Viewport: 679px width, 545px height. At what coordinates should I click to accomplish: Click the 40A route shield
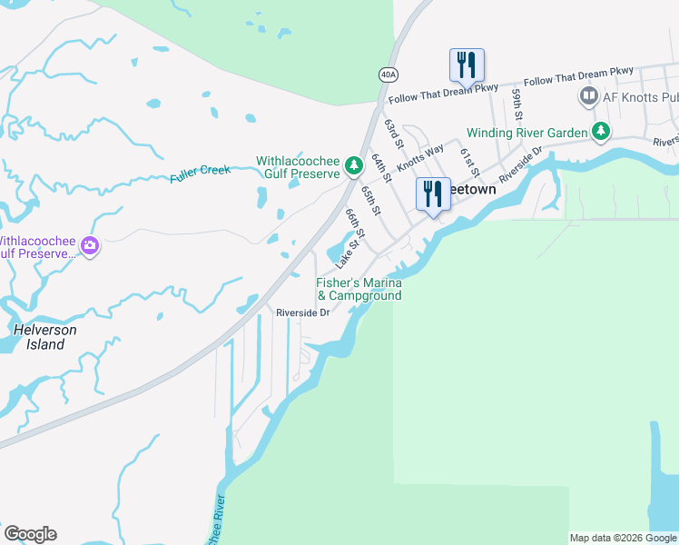click(388, 74)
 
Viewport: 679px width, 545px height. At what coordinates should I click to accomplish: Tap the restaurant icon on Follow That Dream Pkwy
click(467, 65)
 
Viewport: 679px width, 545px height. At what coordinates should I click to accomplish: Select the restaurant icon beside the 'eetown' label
click(433, 193)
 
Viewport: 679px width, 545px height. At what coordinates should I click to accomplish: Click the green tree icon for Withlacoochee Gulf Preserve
click(353, 167)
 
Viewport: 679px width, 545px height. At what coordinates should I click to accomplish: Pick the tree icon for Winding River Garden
click(600, 133)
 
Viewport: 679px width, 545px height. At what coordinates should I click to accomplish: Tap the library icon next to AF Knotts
click(588, 95)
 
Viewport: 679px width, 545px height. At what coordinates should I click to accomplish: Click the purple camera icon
click(90, 245)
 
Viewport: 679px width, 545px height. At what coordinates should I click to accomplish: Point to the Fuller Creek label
click(201, 173)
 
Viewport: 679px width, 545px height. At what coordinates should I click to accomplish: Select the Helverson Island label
click(44, 337)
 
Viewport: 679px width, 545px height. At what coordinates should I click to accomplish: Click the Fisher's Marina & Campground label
click(359, 289)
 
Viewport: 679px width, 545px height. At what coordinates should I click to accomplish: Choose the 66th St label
click(354, 224)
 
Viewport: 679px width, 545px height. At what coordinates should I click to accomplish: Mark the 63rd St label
click(393, 133)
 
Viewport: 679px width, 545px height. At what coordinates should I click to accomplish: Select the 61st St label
click(468, 162)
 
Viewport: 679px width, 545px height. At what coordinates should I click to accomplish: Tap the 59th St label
click(517, 104)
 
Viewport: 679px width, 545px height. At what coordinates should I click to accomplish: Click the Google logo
click(30, 534)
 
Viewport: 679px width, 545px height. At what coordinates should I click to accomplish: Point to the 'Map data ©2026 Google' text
click(622, 538)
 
